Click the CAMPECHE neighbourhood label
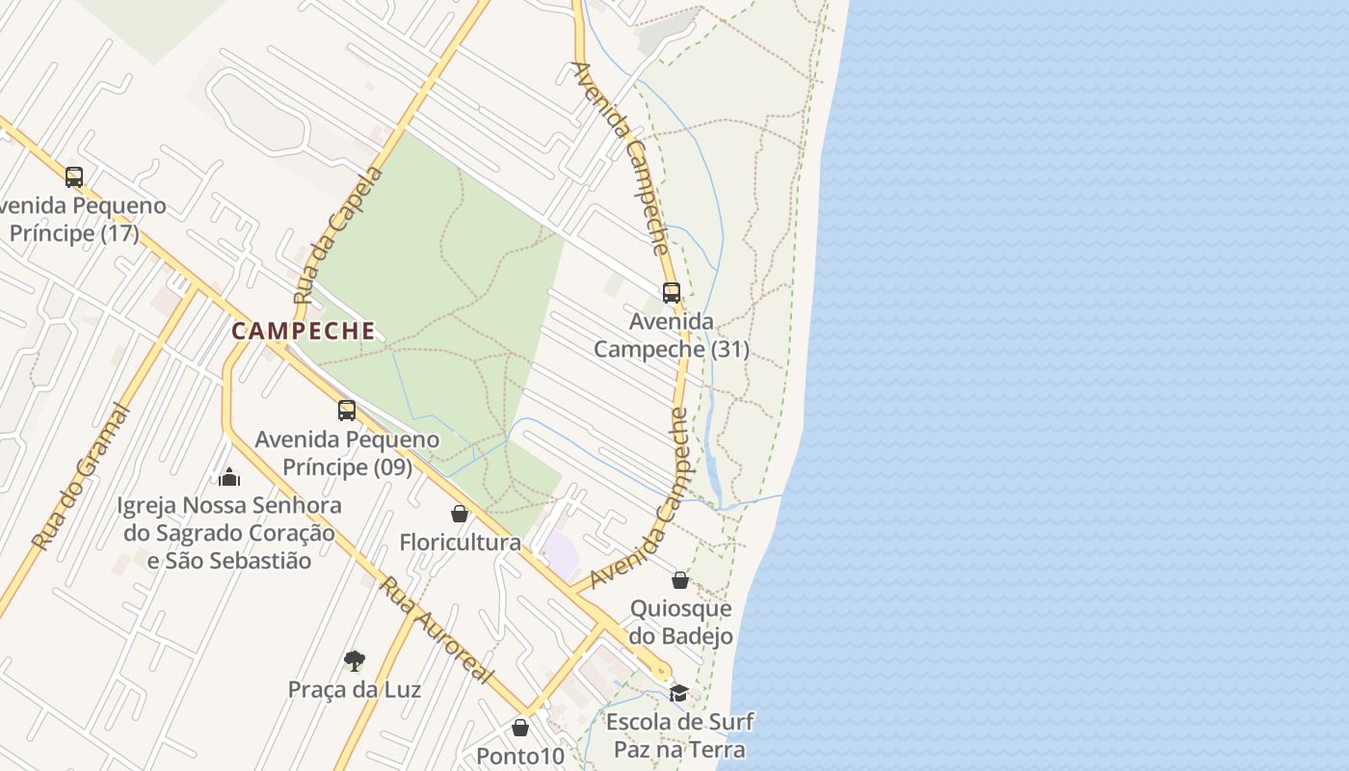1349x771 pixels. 304,331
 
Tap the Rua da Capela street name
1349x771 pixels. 337,235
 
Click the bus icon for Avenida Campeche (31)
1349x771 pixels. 672,292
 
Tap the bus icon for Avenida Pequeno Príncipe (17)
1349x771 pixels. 74,177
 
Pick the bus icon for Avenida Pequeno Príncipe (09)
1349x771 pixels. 347,411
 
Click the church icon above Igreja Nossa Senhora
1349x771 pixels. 229,476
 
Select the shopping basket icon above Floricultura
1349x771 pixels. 460,514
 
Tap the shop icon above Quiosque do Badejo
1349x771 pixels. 680,580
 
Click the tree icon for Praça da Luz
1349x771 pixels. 354,661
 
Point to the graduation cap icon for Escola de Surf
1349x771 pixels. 679,693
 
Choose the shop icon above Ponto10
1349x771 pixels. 520,728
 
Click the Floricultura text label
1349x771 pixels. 460,543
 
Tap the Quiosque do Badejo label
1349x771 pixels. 680,623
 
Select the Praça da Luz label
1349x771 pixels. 354,690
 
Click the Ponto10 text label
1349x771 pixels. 520,757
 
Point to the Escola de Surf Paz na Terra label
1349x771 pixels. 679,735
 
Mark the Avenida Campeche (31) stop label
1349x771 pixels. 672,334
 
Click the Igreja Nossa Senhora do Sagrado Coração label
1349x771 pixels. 229,532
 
